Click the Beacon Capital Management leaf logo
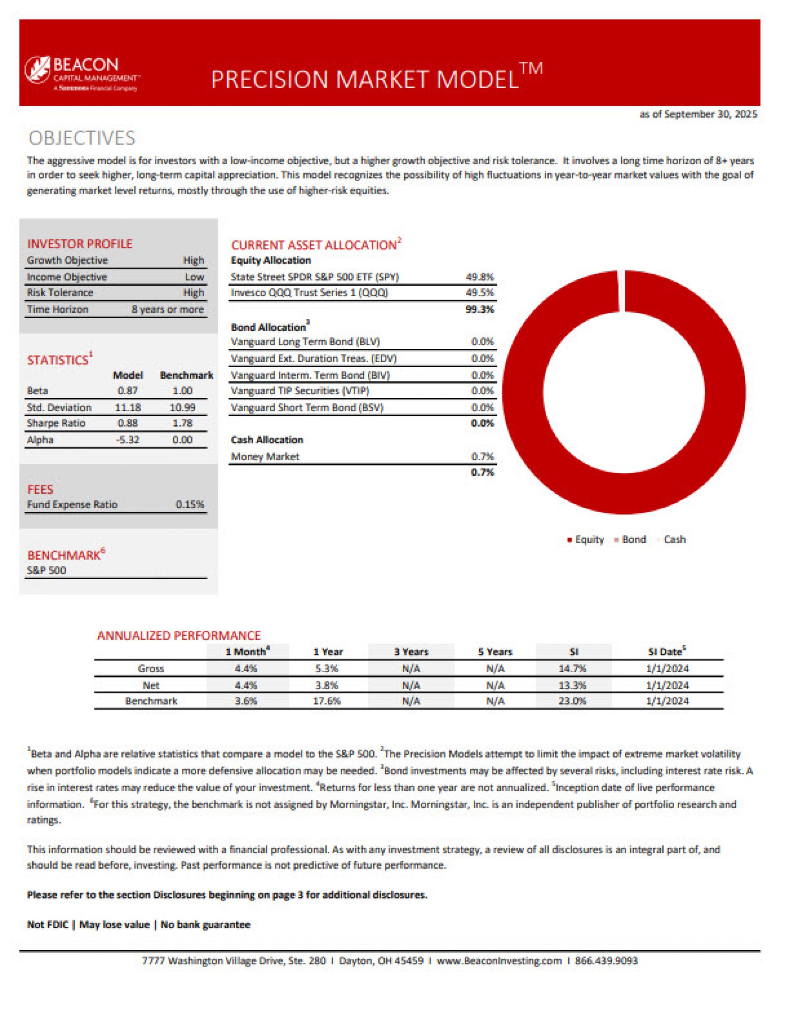point(37,69)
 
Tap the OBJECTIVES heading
point(82,138)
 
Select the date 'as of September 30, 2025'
point(698,114)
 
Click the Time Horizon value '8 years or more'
point(167,309)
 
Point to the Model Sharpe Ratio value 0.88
point(127,423)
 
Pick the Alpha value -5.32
point(127,440)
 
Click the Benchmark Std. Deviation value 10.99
point(182,408)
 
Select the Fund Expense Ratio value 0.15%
point(190,504)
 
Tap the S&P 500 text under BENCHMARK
point(47,570)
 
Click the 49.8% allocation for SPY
point(480,277)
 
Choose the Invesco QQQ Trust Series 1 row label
point(310,293)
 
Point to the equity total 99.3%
point(480,309)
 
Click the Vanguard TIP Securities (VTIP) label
point(300,391)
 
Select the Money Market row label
point(265,457)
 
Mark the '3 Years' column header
point(411,652)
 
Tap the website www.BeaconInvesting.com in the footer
point(499,961)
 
